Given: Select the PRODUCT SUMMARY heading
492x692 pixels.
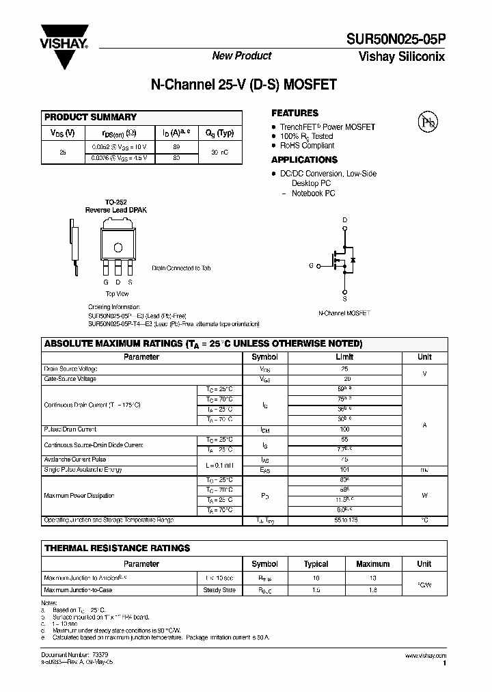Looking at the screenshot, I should [x=90, y=117].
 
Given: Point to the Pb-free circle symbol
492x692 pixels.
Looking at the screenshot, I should [x=427, y=122].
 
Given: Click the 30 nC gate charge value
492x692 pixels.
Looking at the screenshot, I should [x=219, y=152].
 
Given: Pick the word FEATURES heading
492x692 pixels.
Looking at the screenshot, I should [x=295, y=113].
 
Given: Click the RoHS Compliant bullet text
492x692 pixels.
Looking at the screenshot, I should [x=307, y=146].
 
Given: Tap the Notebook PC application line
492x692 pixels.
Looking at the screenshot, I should [x=313, y=194].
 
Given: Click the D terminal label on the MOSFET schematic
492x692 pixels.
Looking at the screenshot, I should [x=344, y=219].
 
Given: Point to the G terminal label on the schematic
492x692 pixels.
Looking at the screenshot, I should [x=311, y=265].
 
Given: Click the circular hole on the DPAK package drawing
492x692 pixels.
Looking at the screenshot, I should [x=118, y=247].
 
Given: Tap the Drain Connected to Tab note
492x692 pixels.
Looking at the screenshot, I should [x=181, y=269].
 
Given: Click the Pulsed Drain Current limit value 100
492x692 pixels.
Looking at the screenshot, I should [x=344, y=429].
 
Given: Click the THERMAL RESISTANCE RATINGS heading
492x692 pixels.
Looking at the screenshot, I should [x=117, y=548].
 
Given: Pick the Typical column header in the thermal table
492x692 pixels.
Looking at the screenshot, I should [x=316, y=564].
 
